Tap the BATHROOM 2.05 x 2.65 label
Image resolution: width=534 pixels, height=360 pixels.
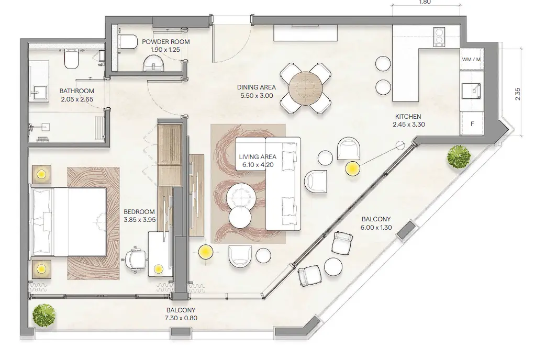click(x=76, y=94)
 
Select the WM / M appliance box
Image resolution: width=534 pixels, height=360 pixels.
click(x=471, y=59)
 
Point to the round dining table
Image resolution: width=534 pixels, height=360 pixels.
click(x=306, y=87)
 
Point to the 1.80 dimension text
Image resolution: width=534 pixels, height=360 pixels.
click(x=425, y=2)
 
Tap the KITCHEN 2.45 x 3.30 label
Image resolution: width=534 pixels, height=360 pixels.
click(x=408, y=120)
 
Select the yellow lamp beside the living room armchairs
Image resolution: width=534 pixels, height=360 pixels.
click(x=352, y=168)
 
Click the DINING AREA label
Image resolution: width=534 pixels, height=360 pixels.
click(x=255, y=92)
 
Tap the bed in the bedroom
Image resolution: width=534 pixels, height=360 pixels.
click(x=69, y=222)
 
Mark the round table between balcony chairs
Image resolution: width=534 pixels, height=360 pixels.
click(x=333, y=266)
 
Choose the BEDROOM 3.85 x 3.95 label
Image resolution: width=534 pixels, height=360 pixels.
click(x=140, y=216)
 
